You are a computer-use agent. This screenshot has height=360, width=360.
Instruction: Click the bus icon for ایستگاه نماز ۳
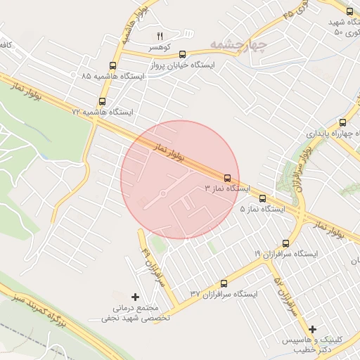pyautogui.click(x=227, y=178)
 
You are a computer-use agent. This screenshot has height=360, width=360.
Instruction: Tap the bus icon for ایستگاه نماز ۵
pyautogui.click(x=262, y=198)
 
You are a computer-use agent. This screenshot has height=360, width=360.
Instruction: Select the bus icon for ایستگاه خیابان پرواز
pyautogui.click(x=183, y=53)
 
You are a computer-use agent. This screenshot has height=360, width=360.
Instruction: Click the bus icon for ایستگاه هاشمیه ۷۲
pyautogui.click(x=103, y=101)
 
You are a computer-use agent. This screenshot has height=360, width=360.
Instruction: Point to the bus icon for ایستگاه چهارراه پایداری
pyautogui.click(x=342, y=122)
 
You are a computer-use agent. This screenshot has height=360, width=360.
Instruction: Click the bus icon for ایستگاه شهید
pyautogui.click(x=350, y=11)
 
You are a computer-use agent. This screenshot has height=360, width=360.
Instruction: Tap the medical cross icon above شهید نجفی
pyautogui.click(x=136, y=297)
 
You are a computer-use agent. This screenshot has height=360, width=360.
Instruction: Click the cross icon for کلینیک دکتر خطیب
pyautogui.click(x=313, y=329)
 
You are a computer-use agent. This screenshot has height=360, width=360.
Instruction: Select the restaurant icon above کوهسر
pyautogui.click(x=160, y=36)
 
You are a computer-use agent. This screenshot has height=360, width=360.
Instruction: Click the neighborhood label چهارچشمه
pyautogui.click(x=238, y=46)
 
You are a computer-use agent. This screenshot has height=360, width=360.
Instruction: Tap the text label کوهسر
pyautogui.click(x=160, y=47)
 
